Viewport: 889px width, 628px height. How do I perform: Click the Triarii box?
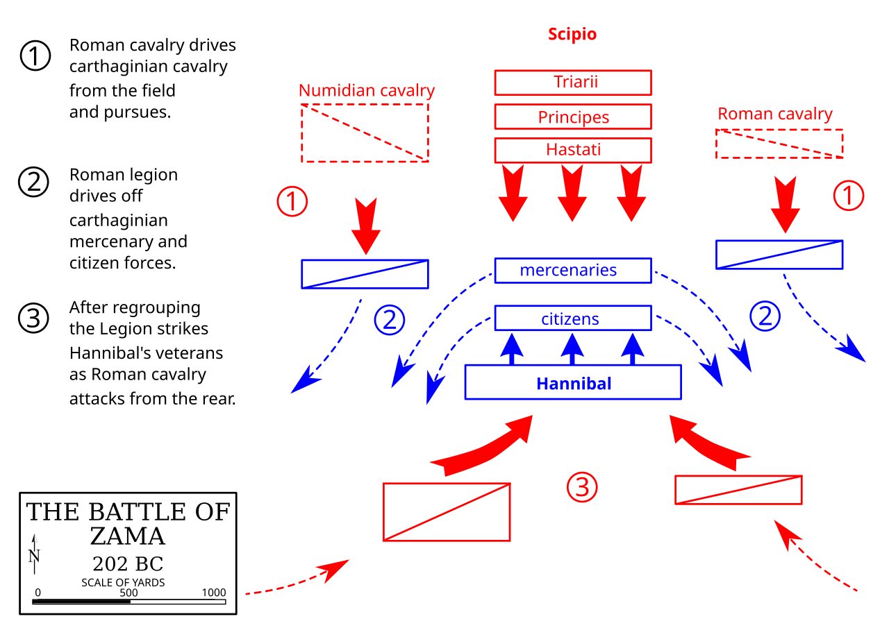click(573, 83)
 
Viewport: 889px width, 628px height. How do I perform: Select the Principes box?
click(573, 117)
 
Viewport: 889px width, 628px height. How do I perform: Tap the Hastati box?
click(573, 151)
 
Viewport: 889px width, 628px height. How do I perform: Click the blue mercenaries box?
click(573, 271)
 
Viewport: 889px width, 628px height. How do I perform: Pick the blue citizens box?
click(573, 318)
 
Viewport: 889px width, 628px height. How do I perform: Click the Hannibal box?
click(573, 382)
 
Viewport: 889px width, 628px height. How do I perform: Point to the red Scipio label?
click(572, 34)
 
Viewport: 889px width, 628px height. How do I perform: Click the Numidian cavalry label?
click(367, 91)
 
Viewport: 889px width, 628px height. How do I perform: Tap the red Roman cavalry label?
click(774, 114)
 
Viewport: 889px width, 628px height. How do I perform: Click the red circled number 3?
click(582, 487)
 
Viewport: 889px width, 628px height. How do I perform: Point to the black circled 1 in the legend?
click(35, 56)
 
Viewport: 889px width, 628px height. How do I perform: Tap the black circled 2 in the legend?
click(34, 182)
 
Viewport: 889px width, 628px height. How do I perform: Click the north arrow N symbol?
click(35, 554)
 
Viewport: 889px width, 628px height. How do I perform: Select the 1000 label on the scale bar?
click(213, 593)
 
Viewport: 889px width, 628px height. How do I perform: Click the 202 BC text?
click(128, 563)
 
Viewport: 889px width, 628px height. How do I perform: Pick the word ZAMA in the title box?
click(127, 536)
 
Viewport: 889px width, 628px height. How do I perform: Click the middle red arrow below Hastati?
click(572, 193)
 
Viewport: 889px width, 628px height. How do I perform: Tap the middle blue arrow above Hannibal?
click(572, 349)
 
